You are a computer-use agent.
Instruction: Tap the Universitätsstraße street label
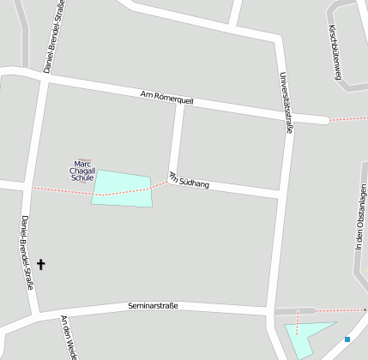point(288,102)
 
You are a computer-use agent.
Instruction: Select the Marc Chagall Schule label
point(84,171)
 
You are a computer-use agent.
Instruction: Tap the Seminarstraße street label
point(153,305)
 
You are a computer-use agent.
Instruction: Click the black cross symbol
point(41,266)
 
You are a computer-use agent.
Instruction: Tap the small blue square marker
point(347,339)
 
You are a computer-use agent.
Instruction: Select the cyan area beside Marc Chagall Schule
point(123,188)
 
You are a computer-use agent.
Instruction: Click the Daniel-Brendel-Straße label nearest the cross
point(26,252)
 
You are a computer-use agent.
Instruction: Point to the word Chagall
point(84,171)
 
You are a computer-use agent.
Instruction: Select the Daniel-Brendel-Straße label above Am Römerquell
point(53,36)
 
